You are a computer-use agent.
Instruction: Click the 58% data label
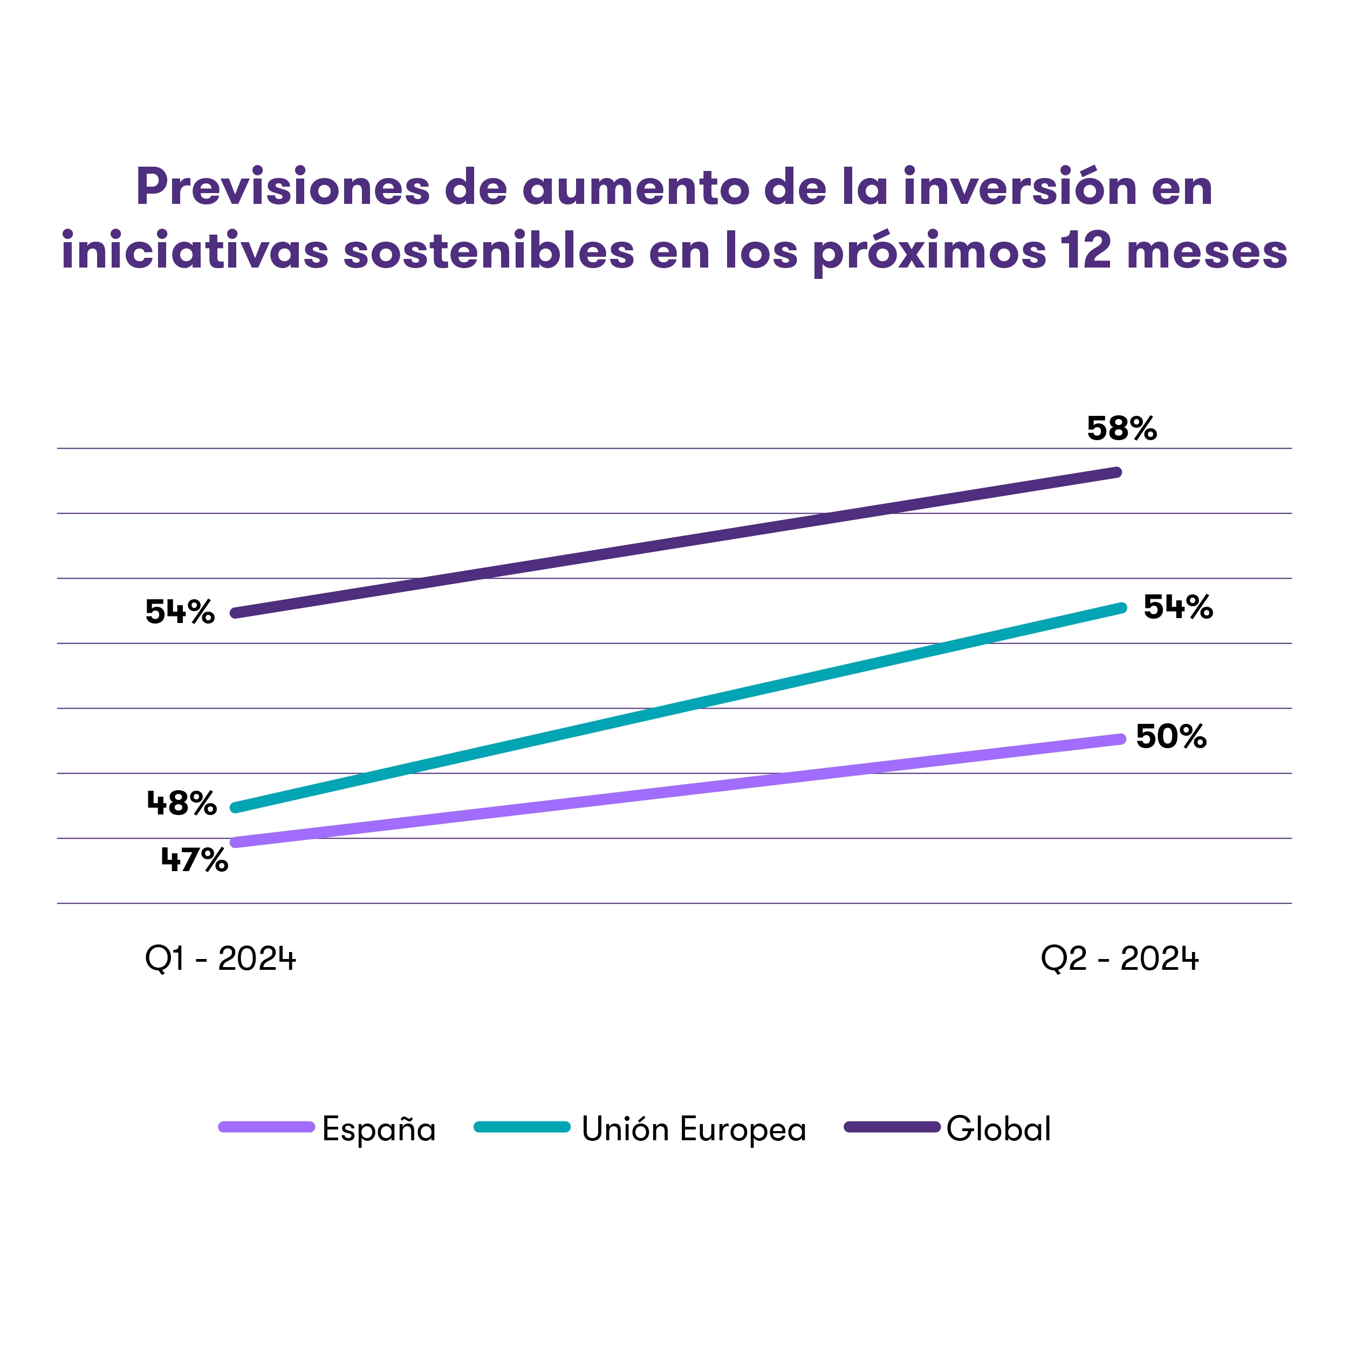point(1121,429)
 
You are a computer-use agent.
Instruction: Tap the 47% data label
point(194,860)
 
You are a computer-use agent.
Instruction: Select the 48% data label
point(182,804)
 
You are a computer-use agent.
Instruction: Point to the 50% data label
point(1171,737)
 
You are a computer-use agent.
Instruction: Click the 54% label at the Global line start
point(180,612)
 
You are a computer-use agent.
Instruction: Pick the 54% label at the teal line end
point(1178,607)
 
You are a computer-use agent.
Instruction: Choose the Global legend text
point(998,1129)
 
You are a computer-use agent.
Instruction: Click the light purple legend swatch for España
point(266,1127)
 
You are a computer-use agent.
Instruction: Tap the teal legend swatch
point(522,1127)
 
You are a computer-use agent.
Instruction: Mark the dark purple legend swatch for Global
point(892,1127)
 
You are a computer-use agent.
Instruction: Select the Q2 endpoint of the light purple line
point(1120,739)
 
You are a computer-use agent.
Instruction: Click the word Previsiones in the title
point(283,187)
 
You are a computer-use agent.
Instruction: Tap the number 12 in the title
point(1084,251)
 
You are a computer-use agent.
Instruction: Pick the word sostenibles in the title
point(489,251)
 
